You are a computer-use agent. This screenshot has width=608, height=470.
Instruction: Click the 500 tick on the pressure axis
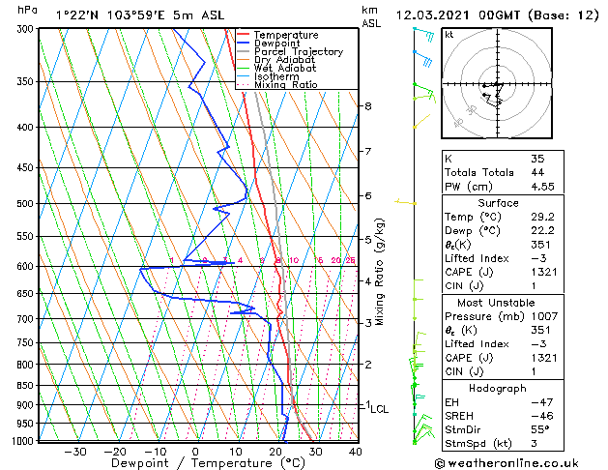(x=21, y=204)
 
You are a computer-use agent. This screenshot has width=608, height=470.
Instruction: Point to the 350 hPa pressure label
(x=21, y=82)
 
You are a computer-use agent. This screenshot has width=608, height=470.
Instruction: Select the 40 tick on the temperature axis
(x=355, y=452)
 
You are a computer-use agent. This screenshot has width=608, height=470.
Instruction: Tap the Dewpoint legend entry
(x=279, y=44)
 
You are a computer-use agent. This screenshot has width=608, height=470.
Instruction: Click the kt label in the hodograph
(x=449, y=35)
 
